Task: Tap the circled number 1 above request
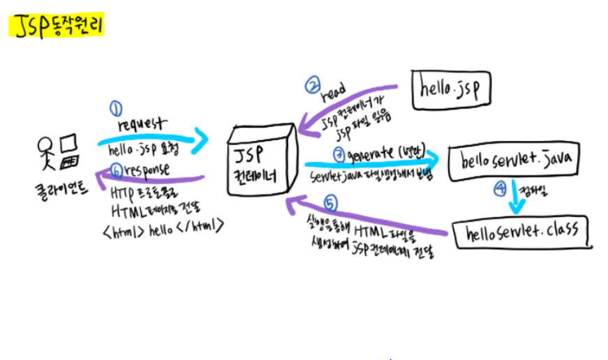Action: pyautogui.click(x=116, y=108)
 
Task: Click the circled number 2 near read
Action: pyautogui.click(x=311, y=85)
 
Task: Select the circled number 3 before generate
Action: pyautogui.click(x=339, y=154)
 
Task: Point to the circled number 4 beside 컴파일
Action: pyautogui.click(x=501, y=188)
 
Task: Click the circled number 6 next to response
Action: pyautogui.click(x=117, y=168)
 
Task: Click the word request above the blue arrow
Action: pyautogui.click(x=142, y=123)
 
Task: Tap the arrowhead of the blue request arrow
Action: pyautogui.click(x=202, y=140)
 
